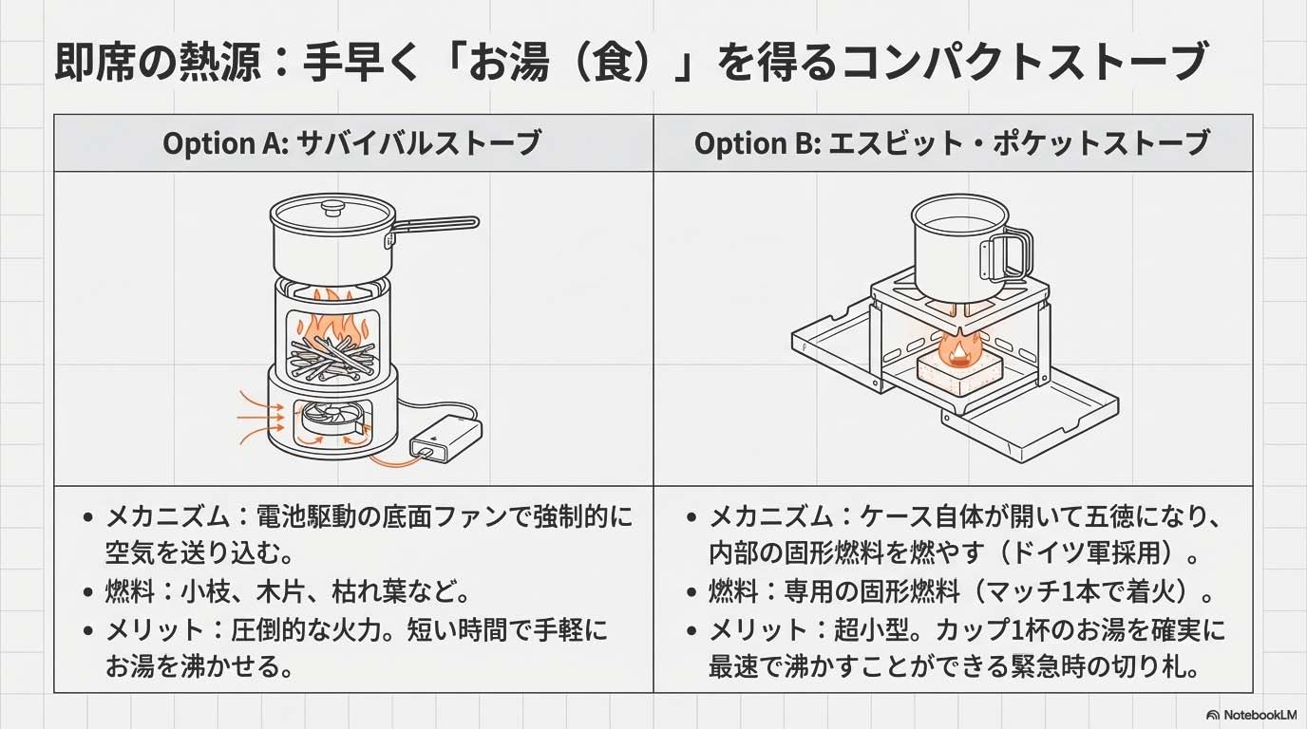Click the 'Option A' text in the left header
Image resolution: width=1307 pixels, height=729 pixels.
pos(226,143)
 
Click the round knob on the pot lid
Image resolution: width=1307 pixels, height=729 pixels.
pos(332,208)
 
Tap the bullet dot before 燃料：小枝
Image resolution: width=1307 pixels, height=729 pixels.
pos(88,593)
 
